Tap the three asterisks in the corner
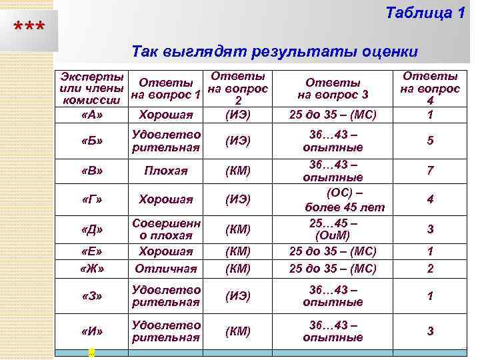click(30, 29)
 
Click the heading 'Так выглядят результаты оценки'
click(275, 51)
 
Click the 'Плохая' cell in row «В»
click(166, 171)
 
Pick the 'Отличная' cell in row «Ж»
click(166, 269)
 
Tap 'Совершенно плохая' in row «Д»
click(166, 229)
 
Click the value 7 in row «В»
click(430, 171)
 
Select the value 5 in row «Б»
click(430, 141)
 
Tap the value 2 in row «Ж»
click(430, 269)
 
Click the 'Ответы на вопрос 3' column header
click(333, 89)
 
